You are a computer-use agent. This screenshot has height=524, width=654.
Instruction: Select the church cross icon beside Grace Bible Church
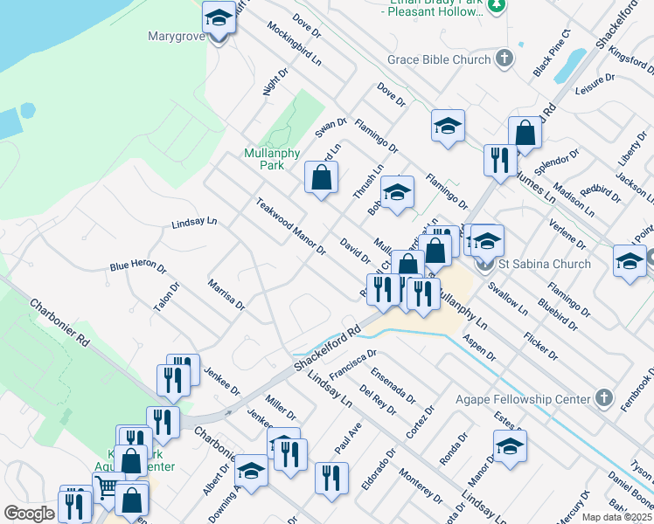pyautogui.click(x=504, y=59)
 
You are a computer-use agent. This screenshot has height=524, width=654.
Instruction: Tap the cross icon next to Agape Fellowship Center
pyautogui.click(x=602, y=399)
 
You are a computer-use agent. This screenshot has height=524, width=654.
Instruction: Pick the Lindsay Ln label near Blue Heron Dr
pyautogui.click(x=193, y=222)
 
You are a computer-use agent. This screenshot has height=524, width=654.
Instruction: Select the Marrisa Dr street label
pyautogui.click(x=226, y=294)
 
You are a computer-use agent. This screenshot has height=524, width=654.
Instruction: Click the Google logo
pyautogui.click(x=28, y=514)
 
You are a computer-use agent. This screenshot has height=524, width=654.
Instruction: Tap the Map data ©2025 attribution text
pyautogui.click(x=616, y=517)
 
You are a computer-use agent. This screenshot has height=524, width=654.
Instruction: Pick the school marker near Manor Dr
pyautogui.click(x=510, y=445)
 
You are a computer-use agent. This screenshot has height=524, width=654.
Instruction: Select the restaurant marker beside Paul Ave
pyautogui.click(x=331, y=478)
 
